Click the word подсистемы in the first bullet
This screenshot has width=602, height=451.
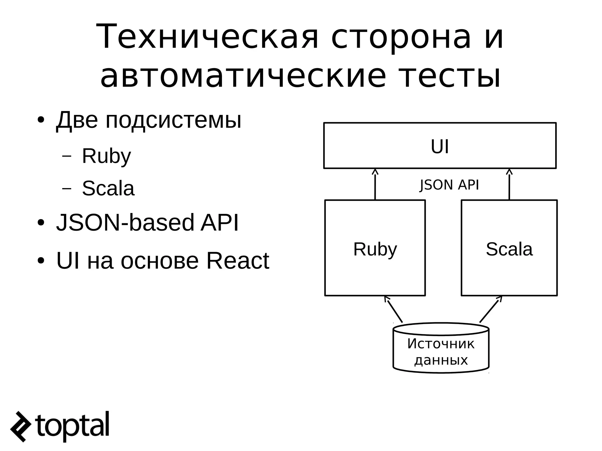(173, 120)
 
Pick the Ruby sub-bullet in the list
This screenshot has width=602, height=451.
(106, 156)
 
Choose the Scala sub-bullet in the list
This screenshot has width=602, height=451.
(108, 188)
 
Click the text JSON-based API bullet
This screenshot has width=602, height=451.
(147, 222)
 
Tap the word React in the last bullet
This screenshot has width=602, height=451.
(238, 261)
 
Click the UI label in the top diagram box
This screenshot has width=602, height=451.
(440, 147)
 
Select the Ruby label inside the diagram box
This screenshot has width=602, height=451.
(375, 249)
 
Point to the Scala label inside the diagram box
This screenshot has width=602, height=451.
(509, 249)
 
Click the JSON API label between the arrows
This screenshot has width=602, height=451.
(449, 185)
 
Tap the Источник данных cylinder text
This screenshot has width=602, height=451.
(441, 352)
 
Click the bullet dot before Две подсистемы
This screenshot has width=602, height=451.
(41, 120)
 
